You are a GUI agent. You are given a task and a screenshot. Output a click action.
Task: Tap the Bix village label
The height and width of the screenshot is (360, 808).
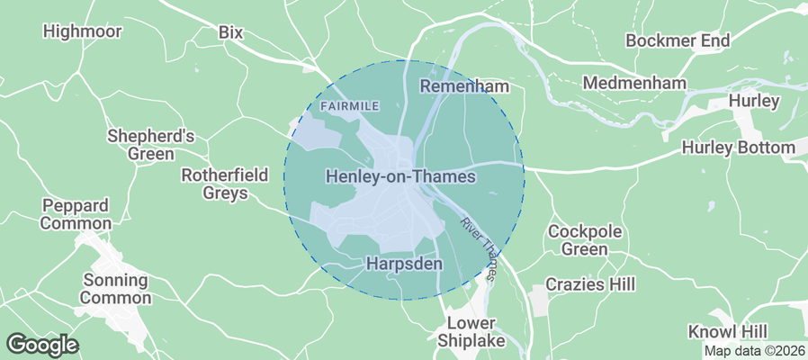pyautogui.click(x=231, y=31)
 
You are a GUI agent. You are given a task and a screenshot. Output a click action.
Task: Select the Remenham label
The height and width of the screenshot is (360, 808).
pyautogui.click(x=464, y=86)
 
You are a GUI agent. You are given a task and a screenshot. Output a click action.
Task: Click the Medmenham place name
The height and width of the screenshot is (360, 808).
pyautogui.click(x=634, y=83)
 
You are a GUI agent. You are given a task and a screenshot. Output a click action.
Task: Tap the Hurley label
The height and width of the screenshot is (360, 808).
pyautogui.click(x=754, y=101)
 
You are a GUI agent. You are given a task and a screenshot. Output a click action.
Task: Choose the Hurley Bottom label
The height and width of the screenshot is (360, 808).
pyautogui.click(x=738, y=147)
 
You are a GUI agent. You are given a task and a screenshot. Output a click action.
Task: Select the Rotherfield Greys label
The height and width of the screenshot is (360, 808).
pyautogui.click(x=224, y=184)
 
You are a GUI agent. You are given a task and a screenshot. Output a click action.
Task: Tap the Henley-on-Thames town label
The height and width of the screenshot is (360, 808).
pyautogui.click(x=400, y=176)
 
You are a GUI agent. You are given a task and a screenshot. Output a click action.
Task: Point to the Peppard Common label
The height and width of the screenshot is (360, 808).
pyautogui.click(x=76, y=214)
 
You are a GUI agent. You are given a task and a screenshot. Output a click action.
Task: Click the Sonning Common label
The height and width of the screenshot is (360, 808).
pyautogui.click(x=116, y=288)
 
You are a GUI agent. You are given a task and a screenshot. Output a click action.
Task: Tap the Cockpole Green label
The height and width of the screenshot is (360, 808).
pyautogui.click(x=585, y=239)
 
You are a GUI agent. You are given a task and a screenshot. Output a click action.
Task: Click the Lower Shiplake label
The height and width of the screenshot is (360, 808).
pyautogui.click(x=472, y=331)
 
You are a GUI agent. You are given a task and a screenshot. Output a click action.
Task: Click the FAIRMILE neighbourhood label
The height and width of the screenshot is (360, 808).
pyautogui.click(x=349, y=106)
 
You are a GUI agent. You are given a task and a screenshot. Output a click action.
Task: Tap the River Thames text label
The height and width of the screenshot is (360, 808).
pyautogui.click(x=478, y=248)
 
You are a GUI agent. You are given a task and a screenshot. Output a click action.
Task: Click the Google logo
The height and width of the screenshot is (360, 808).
pyautogui.click(x=42, y=344)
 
